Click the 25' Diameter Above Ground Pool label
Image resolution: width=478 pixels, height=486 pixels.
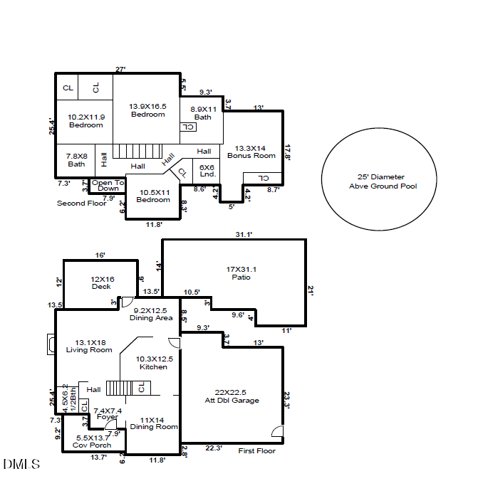coord(378,181)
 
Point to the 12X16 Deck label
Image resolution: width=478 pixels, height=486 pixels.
coord(102,282)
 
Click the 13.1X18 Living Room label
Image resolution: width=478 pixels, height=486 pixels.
coord(90,346)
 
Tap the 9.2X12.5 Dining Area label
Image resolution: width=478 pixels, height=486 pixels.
coord(151,314)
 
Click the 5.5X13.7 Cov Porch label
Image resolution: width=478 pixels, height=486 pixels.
coord(91,441)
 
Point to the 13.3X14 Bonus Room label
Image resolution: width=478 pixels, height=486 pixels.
coord(251,152)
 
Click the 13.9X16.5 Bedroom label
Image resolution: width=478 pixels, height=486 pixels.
coord(147,110)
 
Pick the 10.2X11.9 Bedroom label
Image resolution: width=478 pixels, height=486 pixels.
coord(86,121)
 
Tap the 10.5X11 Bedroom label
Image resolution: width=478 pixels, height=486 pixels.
coord(153,196)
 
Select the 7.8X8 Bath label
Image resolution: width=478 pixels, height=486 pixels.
coord(76,160)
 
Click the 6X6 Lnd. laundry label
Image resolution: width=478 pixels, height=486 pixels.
coord(207,170)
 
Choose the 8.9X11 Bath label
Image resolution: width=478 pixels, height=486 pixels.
coord(202,113)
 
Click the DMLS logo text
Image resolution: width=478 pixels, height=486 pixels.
coord(21,465)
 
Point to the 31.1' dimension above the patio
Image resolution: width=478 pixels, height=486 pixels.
coord(244,234)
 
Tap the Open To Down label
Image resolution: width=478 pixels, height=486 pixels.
coord(108,186)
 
